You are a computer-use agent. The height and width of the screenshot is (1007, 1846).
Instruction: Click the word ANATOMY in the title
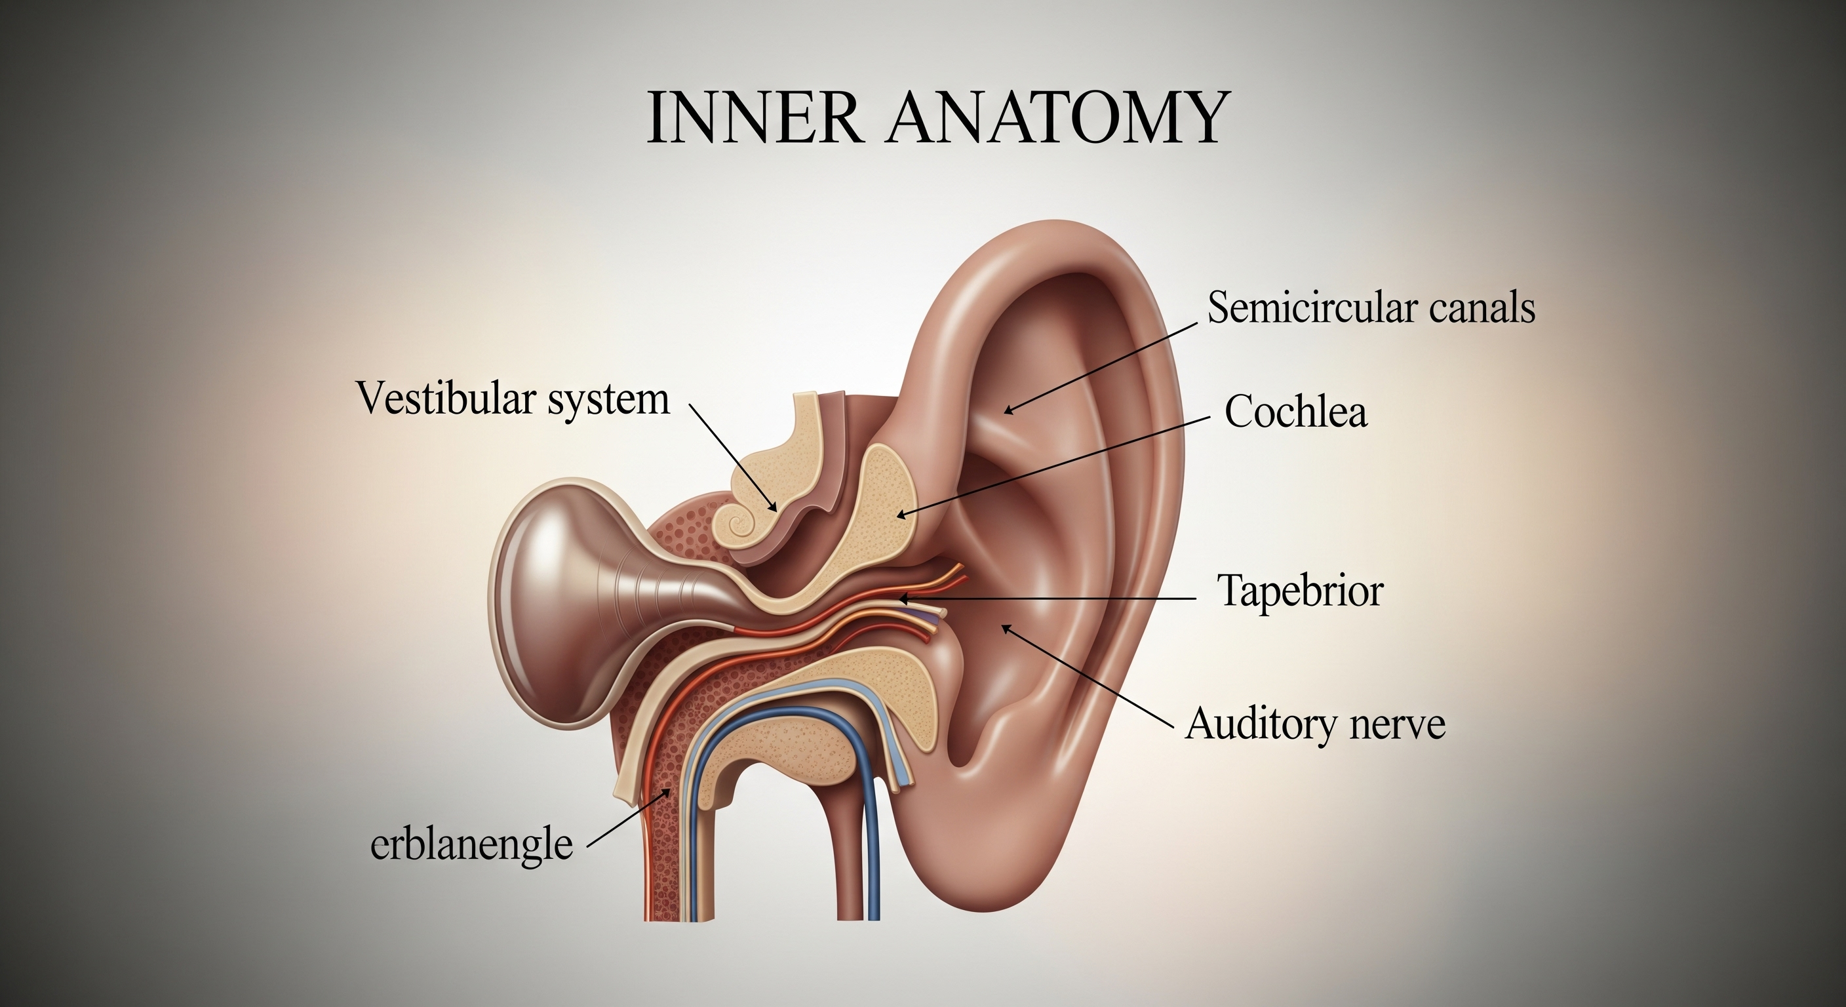pyautogui.click(x=1057, y=117)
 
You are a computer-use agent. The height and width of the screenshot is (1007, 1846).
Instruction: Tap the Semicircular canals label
pyautogui.click(x=1371, y=308)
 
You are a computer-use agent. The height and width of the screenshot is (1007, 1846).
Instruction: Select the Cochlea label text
pyautogui.click(x=1295, y=412)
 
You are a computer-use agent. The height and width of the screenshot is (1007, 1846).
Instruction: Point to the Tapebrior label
pyautogui.click(x=1301, y=591)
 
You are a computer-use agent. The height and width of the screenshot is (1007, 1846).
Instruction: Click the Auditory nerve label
pyautogui.click(x=1315, y=724)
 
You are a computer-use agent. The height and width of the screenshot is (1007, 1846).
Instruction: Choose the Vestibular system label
pyautogui.click(x=513, y=399)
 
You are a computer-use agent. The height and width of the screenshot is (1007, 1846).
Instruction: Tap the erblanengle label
pyautogui.click(x=471, y=846)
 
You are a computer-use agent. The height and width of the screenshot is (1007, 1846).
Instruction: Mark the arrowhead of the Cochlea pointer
pyautogui.click(x=900, y=515)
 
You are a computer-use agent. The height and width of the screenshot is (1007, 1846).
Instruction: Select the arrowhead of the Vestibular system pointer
pyautogui.click(x=774, y=508)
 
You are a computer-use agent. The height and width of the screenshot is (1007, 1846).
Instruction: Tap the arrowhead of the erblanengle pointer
pyautogui.click(x=668, y=791)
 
